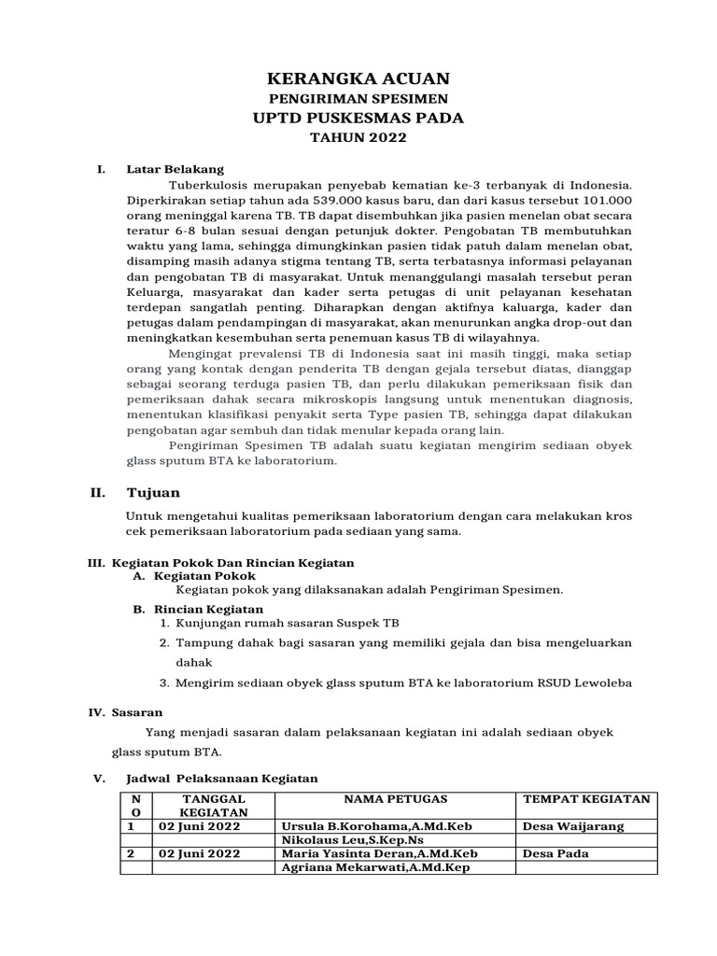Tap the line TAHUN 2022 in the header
click(x=358, y=138)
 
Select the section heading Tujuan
click(x=153, y=492)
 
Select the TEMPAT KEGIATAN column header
click(x=586, y=799)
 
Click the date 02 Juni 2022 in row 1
click(x=198, y=826)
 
